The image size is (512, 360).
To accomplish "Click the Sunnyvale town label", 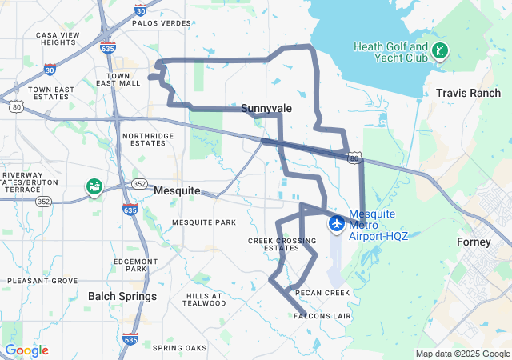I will pyautogui.click(x=266, y=107).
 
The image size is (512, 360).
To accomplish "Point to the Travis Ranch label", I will pyautogui.click(x=468, y=94).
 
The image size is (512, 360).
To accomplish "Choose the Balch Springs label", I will pyautogui.click(x=122, y=296).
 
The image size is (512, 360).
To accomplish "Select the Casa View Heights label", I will pyautogui.click(x=57, y=38).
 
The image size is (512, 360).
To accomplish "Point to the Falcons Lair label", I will pyautogui.click(x=322, y=316).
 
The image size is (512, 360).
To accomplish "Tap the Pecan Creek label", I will pyautogui.click(x=323, y=293).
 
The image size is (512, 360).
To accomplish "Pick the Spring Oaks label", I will pyautogui.click(x=179, y=348).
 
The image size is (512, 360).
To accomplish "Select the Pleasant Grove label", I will pyautogui.click(x=42, y=281).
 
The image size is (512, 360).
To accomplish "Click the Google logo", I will pyautogui.click(x=26, y=350).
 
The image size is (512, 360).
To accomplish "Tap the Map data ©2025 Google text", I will pyautogui.click(x=462, y=354).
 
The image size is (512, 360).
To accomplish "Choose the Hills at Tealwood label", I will pyautogui.click(x=203, y=299).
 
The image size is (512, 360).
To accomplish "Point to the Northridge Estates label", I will pyautogui.click(x=148, y=140).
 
